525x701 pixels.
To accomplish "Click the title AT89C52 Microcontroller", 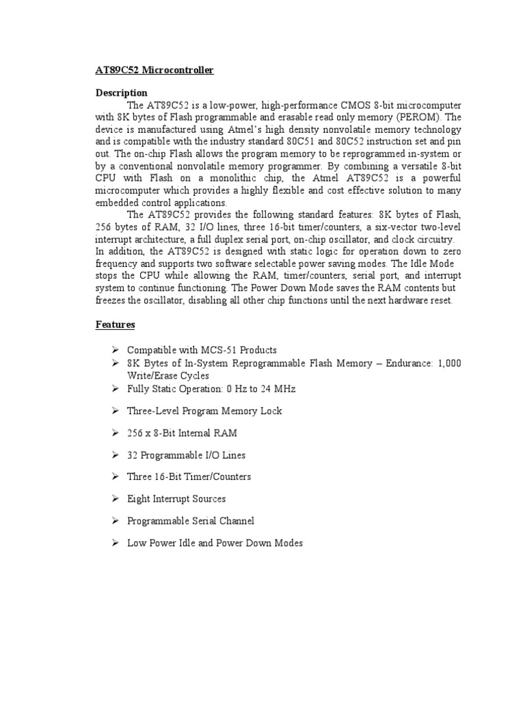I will [x=154, y=70].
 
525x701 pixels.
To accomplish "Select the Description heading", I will [x=121, y=92].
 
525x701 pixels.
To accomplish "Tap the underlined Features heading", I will [x=115, y=324].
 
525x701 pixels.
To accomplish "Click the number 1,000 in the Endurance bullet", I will [x=447, y=363].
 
